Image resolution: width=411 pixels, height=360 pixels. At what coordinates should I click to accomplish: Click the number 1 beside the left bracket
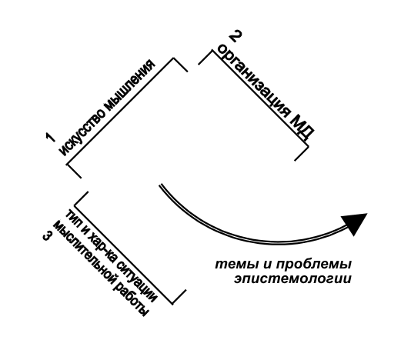50,138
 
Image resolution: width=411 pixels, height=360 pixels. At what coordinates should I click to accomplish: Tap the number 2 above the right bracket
236,36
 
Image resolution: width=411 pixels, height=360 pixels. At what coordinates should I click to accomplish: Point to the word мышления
129,84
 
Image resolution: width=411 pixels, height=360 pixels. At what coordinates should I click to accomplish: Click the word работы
132,298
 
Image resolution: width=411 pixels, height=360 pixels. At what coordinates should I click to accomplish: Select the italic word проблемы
313,265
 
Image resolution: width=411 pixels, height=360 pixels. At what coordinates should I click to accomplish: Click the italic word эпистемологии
292,279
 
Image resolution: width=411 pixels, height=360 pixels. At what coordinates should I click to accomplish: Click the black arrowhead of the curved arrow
354,224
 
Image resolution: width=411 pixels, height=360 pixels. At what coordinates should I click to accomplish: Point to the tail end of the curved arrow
160,185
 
